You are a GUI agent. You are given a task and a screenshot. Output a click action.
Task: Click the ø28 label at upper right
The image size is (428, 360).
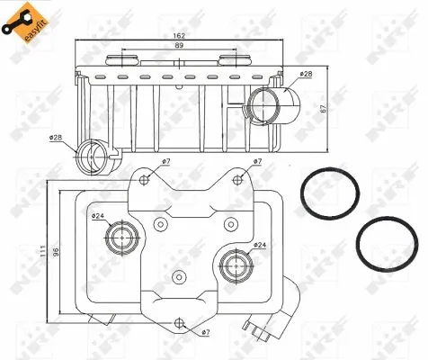(306, 73)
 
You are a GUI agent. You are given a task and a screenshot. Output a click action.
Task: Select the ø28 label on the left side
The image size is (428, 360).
(56, 138)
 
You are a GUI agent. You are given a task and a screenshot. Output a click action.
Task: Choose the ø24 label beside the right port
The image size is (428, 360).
(259, 245)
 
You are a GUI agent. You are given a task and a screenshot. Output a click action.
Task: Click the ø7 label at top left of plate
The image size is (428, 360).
(165, 162)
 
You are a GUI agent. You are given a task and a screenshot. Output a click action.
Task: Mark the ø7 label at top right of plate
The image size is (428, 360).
(257, 162)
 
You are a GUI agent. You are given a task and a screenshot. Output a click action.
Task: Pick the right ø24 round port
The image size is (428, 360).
(234, 265)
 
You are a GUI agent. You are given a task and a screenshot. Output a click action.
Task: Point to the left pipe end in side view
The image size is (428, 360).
(92, 156)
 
